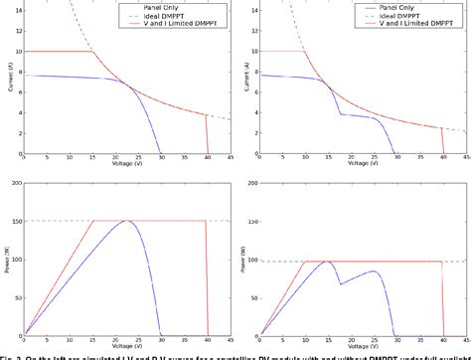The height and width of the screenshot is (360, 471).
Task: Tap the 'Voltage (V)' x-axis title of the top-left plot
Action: (x=123, y=163)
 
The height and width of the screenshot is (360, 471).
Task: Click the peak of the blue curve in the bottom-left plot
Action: (x=127, y=221)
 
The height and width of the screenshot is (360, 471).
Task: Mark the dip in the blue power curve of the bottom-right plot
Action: (x=340, y=284)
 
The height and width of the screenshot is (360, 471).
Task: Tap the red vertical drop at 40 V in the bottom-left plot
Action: (x=206, y=278)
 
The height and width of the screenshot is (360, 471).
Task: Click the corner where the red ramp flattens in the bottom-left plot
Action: (x=92, y=221)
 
